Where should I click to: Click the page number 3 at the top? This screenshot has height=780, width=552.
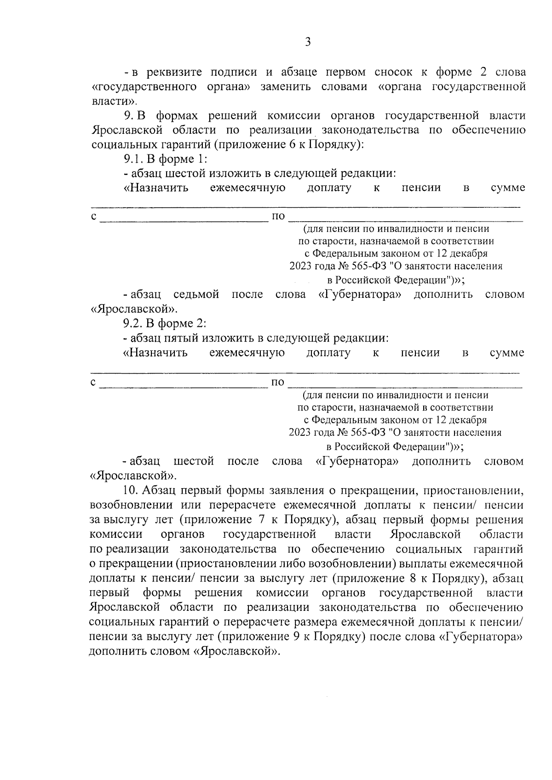pyautogui.click(x=308, y=42)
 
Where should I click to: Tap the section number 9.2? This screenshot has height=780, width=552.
pyautogui.click(x=133, y=324)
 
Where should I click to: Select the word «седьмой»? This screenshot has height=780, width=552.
pyautogui.click(x=196, y=294)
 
